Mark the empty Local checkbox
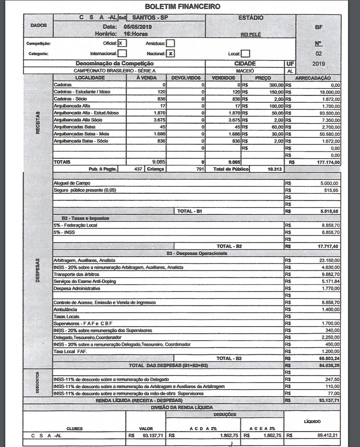pos(245,54)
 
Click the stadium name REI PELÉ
pos(250,35)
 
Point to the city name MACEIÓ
pos(251,70)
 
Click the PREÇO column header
pos(263,77)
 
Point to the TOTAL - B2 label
pos(229,246)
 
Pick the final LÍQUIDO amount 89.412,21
pos(327,435)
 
